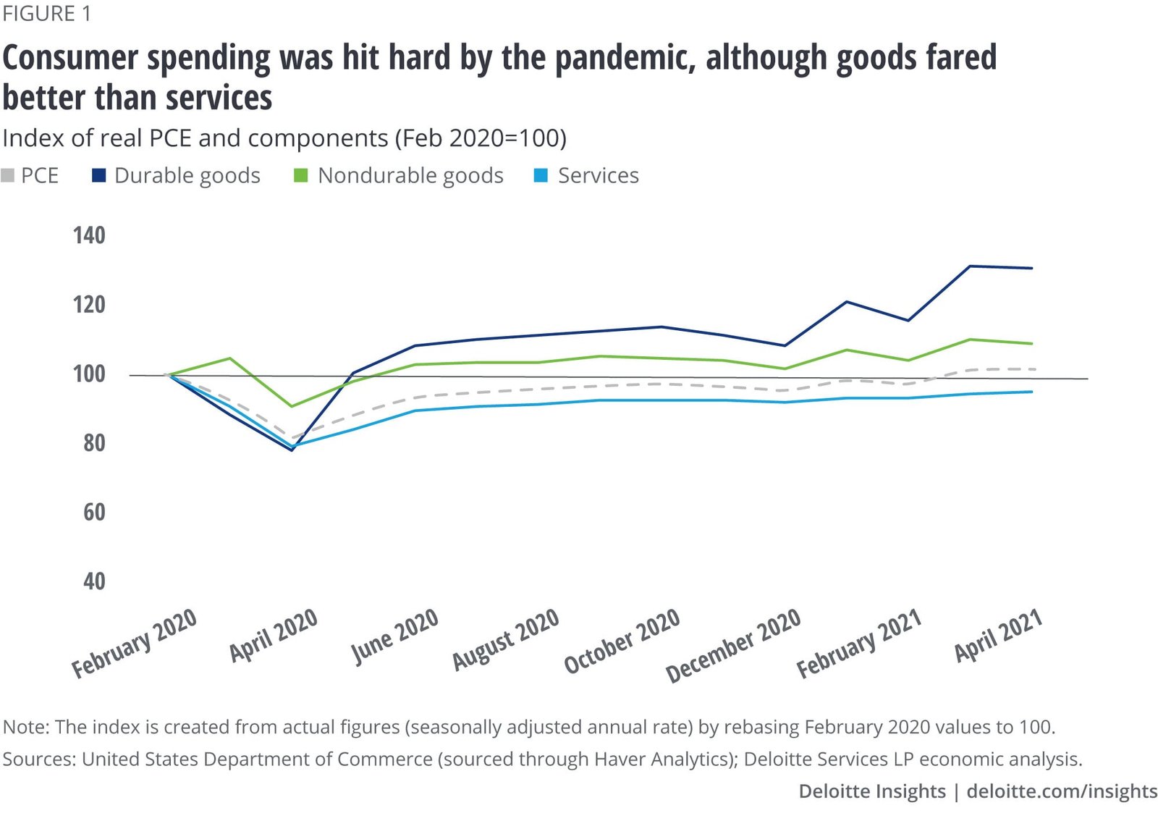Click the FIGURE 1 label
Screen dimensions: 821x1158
[x=47, y=14]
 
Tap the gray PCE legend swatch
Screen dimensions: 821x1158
[x=8, y=176]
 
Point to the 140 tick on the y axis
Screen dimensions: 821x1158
[x=89, y=235]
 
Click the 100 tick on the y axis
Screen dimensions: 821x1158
[x=89, y=374]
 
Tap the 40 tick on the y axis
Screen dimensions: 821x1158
[x=94, y=581]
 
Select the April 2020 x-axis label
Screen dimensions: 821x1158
[x=274, y=636]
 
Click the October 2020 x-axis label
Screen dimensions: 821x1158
[x=622, y=641]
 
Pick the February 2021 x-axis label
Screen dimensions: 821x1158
[x=859, y=644]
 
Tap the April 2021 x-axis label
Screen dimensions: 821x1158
[x=998, y=636]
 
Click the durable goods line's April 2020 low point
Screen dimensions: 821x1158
[x=292, y=450]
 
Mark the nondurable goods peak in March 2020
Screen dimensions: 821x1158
[x=229, y=358]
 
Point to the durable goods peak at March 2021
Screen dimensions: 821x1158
[x=970, y=266]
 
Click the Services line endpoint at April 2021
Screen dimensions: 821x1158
[x=1032, y=392]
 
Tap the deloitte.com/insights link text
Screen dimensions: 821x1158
[x=1062, y=791]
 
